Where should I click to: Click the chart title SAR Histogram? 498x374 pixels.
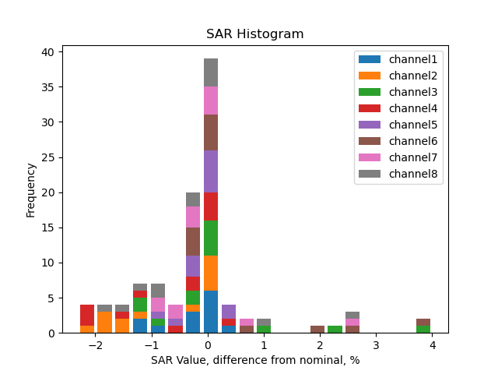click(254, 34)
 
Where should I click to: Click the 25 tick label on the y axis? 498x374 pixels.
click(47, 157)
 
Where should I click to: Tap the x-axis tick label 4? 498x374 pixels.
click(432, 344)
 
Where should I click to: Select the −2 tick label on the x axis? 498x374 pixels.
click(95, 344)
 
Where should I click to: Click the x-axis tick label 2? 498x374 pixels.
click(320, 344)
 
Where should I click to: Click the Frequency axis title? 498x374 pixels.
click(31, 189)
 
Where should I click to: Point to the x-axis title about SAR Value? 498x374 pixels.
click(254, 360)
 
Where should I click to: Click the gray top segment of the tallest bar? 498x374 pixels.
click(211, 72)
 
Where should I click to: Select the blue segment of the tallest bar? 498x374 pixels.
click(211, 312)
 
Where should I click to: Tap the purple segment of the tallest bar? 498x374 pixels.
click(211, 171)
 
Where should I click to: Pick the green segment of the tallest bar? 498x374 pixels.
click(211, 238)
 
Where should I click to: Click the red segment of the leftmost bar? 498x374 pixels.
click(87, 315)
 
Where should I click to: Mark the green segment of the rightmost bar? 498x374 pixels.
click(423, 329)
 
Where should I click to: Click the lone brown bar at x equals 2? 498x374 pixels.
click(317, 329)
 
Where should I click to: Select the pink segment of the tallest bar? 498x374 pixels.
click(211, 101)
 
